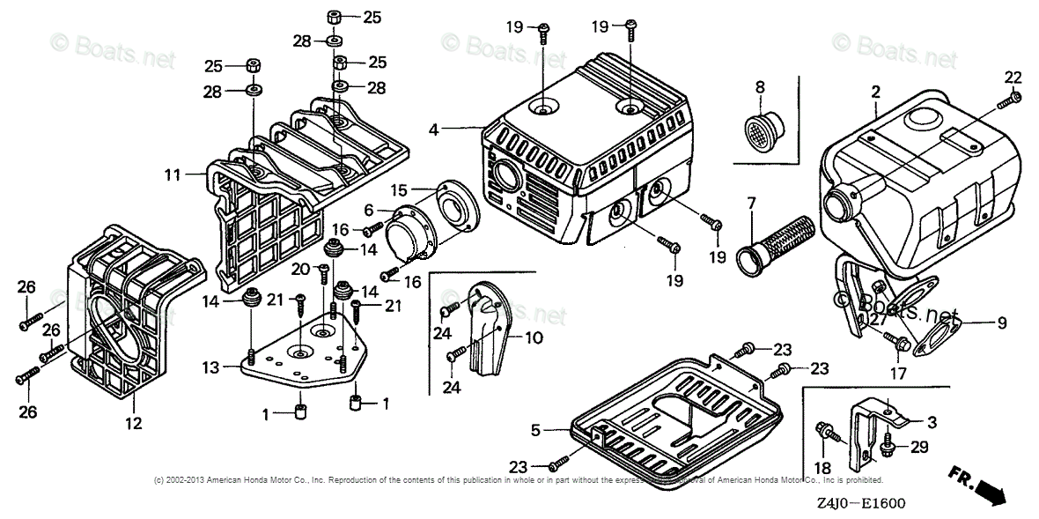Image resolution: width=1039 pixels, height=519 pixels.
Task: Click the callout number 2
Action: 876,92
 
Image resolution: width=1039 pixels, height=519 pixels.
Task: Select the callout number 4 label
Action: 433,130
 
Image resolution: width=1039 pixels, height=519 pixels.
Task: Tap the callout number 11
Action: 172,175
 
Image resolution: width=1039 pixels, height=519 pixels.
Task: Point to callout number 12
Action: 133,423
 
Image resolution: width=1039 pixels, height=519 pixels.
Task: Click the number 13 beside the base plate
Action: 209,367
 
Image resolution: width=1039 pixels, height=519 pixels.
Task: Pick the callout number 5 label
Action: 535,431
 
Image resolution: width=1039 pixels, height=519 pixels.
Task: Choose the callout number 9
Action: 1001,323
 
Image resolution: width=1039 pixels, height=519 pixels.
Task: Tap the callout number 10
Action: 534,337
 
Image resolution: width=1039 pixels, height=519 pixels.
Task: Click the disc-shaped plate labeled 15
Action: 458,207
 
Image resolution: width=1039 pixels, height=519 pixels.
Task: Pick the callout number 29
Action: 919,448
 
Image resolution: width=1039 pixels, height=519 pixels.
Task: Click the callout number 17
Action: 897,373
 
